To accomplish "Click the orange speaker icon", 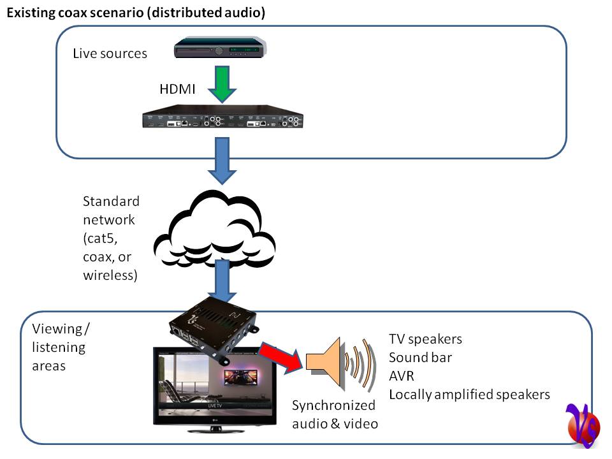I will [328, 362].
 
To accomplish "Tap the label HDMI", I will [177, 89].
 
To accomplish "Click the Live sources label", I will [110, 53].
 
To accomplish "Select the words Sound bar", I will [420, 357].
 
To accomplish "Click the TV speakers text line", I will [425, 339].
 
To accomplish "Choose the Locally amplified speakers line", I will [469, 394].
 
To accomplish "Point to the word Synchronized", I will [333, 405].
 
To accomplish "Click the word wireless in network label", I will [111, 275].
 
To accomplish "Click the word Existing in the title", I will [29, 12].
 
